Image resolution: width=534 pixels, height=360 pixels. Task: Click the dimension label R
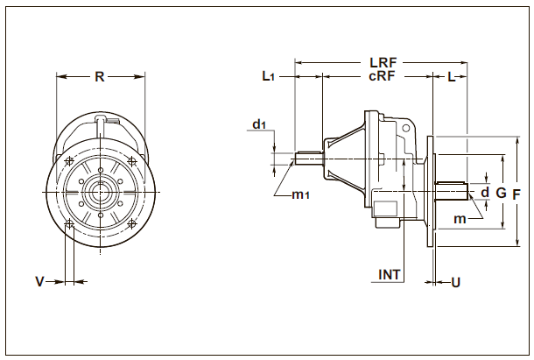click(100, 76)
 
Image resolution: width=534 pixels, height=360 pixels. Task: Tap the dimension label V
click(39, 281)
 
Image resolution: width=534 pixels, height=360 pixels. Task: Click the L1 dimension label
click(270, 77)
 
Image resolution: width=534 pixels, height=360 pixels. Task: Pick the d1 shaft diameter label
click(259, 124)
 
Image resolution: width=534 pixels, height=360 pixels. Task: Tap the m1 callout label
click(302, 194)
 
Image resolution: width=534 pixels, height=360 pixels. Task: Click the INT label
click(390, 274)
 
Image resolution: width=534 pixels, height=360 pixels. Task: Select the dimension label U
click(455, 282)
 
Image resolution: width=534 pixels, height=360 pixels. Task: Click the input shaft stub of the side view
click(310, 158)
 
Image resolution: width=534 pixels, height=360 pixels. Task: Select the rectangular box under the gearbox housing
click(386, 211)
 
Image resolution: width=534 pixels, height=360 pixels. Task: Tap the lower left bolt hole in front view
click(68, 224)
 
